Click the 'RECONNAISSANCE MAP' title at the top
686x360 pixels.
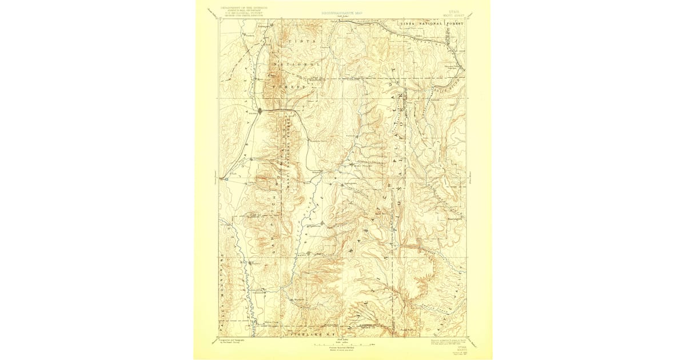pos(342,11)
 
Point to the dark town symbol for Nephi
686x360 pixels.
pos(261,110)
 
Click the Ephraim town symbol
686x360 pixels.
pos(322,223)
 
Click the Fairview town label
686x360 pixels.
pos(350,136)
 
